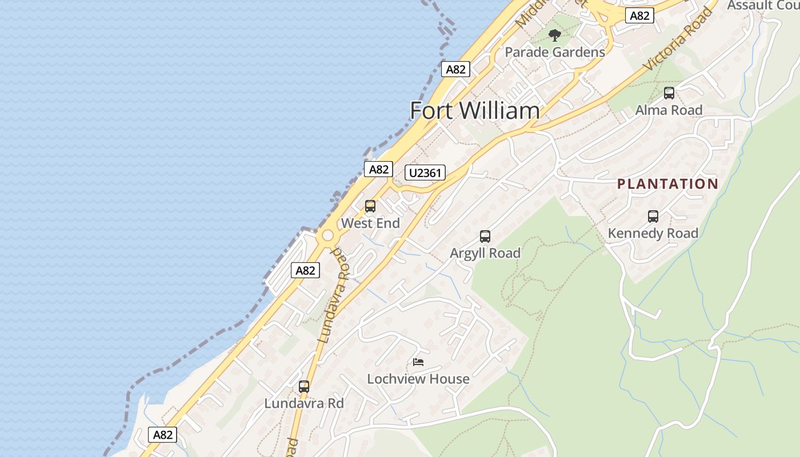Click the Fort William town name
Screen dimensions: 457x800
pos(474,110)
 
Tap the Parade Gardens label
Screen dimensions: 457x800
pos(554,52)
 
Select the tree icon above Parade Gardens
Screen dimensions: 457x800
pos(554,35)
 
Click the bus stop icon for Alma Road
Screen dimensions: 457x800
pos(669,93)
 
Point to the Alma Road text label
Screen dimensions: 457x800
pos(669,110)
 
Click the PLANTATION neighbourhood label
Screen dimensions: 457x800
pos(667,184)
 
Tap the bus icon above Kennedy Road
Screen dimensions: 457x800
pos(653,217)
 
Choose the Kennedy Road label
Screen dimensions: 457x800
pos(653,233)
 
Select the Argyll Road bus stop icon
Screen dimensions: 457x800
pos(485,236)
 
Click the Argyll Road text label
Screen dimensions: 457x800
pos(485,253)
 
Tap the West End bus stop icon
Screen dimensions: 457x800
pos(370,206)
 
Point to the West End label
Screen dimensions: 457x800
pos(370,223)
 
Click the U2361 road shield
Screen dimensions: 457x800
pos(425,173)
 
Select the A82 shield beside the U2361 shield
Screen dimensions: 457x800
pos(378,169)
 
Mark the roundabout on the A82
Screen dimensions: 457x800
pos(327,235)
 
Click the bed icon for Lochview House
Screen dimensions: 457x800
pos(418,362)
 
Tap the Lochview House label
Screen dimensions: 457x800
pos(418,379)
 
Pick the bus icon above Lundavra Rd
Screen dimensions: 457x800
pos(304,387)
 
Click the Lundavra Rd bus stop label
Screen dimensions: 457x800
pos(304,403)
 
